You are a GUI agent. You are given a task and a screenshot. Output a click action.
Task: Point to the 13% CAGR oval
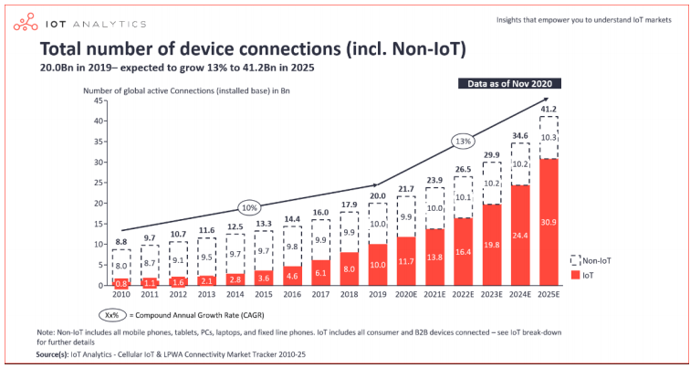tap(464, 142)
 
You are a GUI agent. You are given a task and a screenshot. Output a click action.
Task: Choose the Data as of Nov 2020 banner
tap(510, 83)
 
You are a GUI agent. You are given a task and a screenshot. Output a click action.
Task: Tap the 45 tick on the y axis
tap(97, 100)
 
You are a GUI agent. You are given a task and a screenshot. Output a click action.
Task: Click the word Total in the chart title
tap(63, 48)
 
